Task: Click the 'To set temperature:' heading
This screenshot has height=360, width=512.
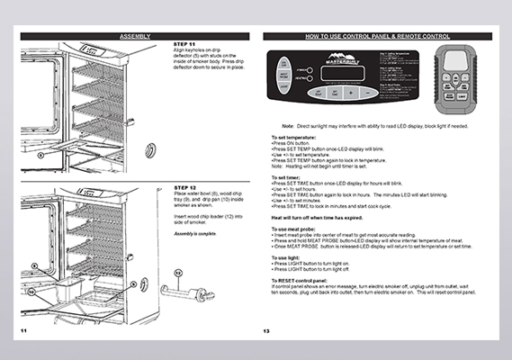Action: [x=293, y=139]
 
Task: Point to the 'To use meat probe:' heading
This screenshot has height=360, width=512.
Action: [x=292, y=229]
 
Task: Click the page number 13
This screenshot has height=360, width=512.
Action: [x=267, y=331]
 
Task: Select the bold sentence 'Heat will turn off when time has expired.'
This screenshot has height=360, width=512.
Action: [x=323, y=219]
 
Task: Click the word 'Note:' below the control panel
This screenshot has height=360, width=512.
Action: [x=288, y=126]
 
